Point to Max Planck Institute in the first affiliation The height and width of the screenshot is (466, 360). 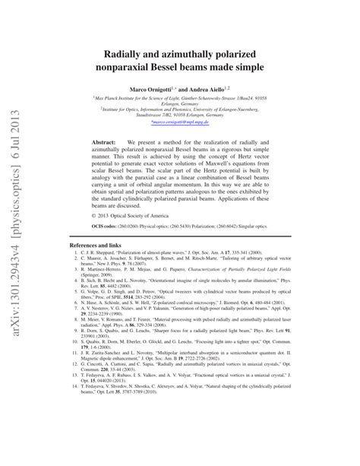[133, 97]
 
